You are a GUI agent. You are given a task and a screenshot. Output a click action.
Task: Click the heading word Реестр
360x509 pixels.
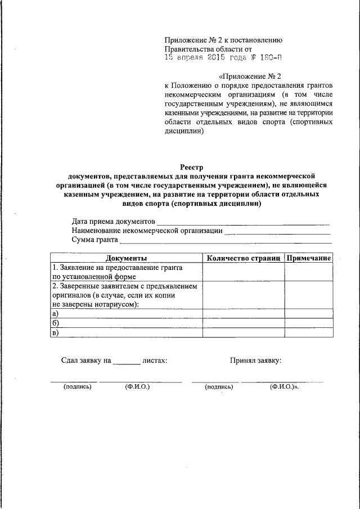click(x=191, y=166)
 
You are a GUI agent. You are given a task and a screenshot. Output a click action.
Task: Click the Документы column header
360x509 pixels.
click(x=127, y=258)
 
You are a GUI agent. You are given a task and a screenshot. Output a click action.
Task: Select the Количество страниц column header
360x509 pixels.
click(x=243, y=258)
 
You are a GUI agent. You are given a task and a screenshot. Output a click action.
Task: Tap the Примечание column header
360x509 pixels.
click(x=308, y=258)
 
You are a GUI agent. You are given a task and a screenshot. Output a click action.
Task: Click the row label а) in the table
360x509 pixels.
click(x=55, y=314)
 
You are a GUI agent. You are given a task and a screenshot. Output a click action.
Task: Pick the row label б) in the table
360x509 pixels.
click(x=55, y=323)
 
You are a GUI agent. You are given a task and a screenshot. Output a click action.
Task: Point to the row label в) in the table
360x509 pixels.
click(x=55, y=332)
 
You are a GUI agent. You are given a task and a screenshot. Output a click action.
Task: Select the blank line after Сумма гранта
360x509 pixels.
click(x=225, y=241)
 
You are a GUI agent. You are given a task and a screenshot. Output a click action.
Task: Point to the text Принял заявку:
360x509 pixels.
click(x=256, y=360)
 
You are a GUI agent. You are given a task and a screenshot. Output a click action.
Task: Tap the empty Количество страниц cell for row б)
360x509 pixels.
click(x=243, y=323)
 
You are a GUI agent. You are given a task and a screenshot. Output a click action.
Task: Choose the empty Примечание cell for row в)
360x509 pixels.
click(x=308, y=332)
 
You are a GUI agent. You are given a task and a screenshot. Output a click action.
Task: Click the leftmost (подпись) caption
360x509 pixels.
click(x=78, y=387)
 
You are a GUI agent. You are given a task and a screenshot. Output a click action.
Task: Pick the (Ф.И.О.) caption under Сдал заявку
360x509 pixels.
click(x=137, y=387)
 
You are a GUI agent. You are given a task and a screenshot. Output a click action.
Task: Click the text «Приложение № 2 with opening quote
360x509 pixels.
click(x=249, y=75)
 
